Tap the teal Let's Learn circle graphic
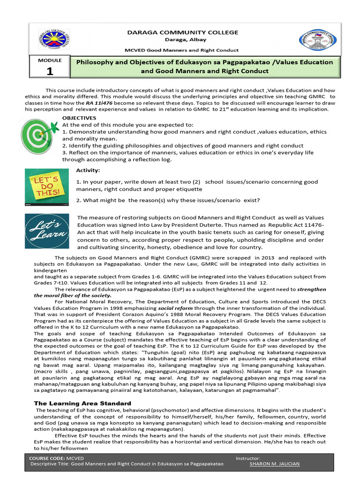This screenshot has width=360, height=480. tap(45, 231)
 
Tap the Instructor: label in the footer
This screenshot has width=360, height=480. tap(248, 457)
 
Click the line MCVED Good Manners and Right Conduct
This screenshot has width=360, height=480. tap(180, 50)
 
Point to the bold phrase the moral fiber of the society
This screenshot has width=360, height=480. tap(73, 296)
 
